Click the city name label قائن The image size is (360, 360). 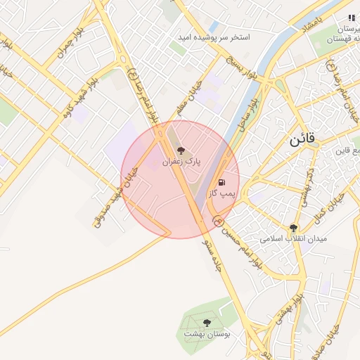pyautogui.click(x=303, y=139)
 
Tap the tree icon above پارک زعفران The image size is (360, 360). pyautogui.click(x=181, y=150)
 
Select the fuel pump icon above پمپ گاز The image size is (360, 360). pyautogui.click(x=223, y=181)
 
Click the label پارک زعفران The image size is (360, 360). pyautogui.click(x=181, y=161)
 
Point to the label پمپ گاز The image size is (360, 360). pyautogui.click(x=224, y=191)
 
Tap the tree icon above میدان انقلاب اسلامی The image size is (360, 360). pyautogui.click(x=293, y=228)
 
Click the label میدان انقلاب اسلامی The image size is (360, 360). pyautogui.click(x=294, y=238)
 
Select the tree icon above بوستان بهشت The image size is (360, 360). pyautogui.click(x=207, y=323)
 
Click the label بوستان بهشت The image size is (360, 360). pyautogui.click(x=207, y=334)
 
